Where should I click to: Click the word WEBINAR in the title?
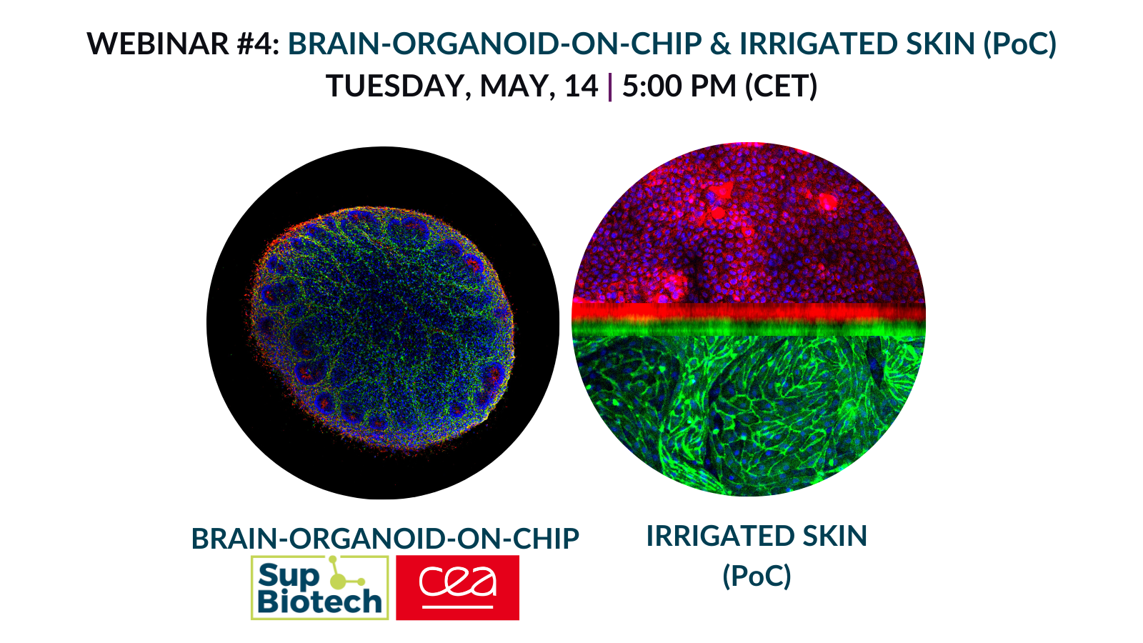[158, 44]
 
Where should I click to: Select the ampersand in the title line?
[720, 44]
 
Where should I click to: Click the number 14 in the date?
[582, 86]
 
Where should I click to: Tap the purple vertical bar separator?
[610, 86]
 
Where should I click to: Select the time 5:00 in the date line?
[652, 86]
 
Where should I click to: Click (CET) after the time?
[782, 86]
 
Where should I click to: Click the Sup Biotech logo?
[320, 587]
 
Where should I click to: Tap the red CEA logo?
[458, 587]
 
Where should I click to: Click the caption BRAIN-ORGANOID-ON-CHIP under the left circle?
[385, 539]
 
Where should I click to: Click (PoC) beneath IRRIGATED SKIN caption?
[757, 576]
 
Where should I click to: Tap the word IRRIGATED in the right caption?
[721, 536]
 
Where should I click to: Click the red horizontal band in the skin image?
[749, 311]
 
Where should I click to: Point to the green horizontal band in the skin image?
[749, 328]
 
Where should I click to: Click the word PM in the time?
[714, 86]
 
